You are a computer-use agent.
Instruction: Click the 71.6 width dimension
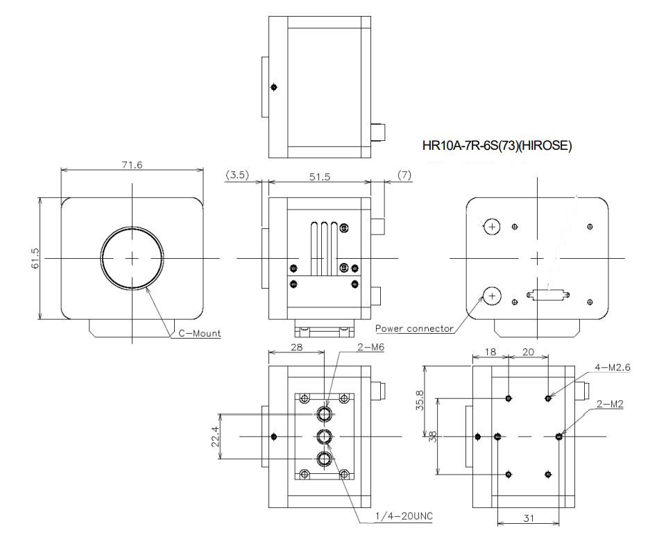(131, 165)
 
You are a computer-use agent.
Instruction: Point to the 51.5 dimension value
(319, 177)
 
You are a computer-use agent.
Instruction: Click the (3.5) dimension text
(238, 176)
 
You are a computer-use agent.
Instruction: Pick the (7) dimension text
(404, 176)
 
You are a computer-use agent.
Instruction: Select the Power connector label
(414, 328)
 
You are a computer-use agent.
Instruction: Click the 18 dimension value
(489, 352)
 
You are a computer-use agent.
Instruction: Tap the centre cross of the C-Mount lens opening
(133, 258)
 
